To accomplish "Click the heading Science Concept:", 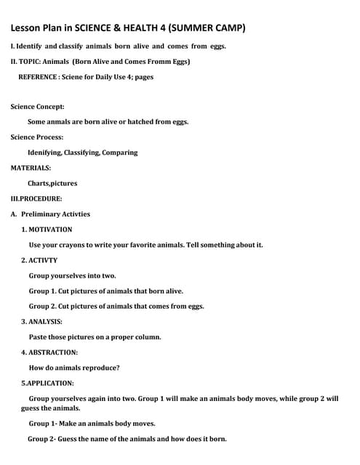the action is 37,106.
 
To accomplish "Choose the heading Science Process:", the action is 36,137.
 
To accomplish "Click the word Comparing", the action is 119,153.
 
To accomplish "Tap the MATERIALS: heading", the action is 31,168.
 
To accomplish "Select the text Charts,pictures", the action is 52,183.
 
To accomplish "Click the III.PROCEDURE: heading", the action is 36,198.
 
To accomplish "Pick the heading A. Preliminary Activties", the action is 50,214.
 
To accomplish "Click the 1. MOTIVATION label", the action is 47,229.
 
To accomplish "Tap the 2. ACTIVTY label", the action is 39,259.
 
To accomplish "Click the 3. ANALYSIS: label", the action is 41,321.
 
